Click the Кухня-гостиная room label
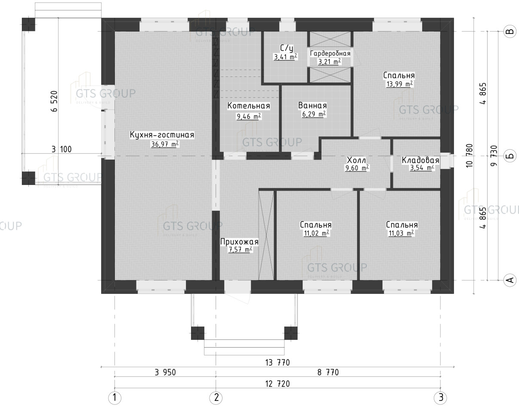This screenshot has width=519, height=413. [162, 135]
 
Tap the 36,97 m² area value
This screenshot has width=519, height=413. [165, 144]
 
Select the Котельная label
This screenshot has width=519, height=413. [248, 105]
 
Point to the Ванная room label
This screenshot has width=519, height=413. [312, 105]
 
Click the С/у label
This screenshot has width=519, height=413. [287, 48]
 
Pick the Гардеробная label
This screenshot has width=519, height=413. [330, 53]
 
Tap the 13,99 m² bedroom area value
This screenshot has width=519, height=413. [400, 84]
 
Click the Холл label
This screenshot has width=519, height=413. [356, 160]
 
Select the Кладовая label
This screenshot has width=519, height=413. [420, 160]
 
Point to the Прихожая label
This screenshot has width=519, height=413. [239, 242]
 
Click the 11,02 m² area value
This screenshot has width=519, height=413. [316, 233]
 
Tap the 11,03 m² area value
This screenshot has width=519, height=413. [402, 233]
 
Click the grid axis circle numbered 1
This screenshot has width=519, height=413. [114, 398]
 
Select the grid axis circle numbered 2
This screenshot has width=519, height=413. [216, 398]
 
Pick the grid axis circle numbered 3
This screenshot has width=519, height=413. [440, 398]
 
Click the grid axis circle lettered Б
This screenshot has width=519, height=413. [510, 156]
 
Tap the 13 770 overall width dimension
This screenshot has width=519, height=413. [277, 362]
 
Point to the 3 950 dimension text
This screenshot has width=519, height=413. [165, 373]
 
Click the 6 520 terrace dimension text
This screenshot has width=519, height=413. [54, 101]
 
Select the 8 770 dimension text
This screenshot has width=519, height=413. [328, 373]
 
